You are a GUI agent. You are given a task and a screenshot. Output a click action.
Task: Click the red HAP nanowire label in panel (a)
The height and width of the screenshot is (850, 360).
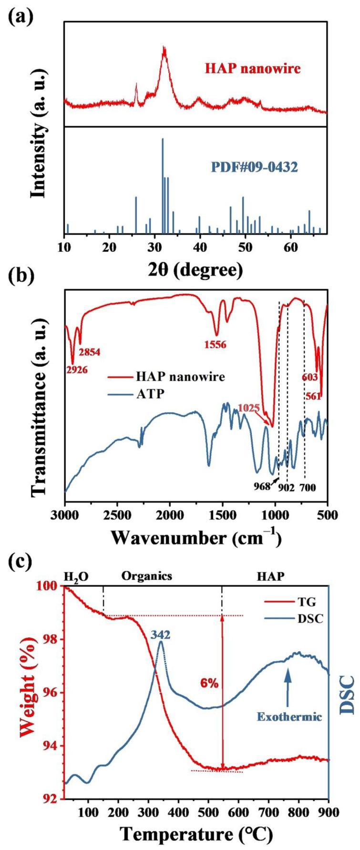(x=253, y=69)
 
